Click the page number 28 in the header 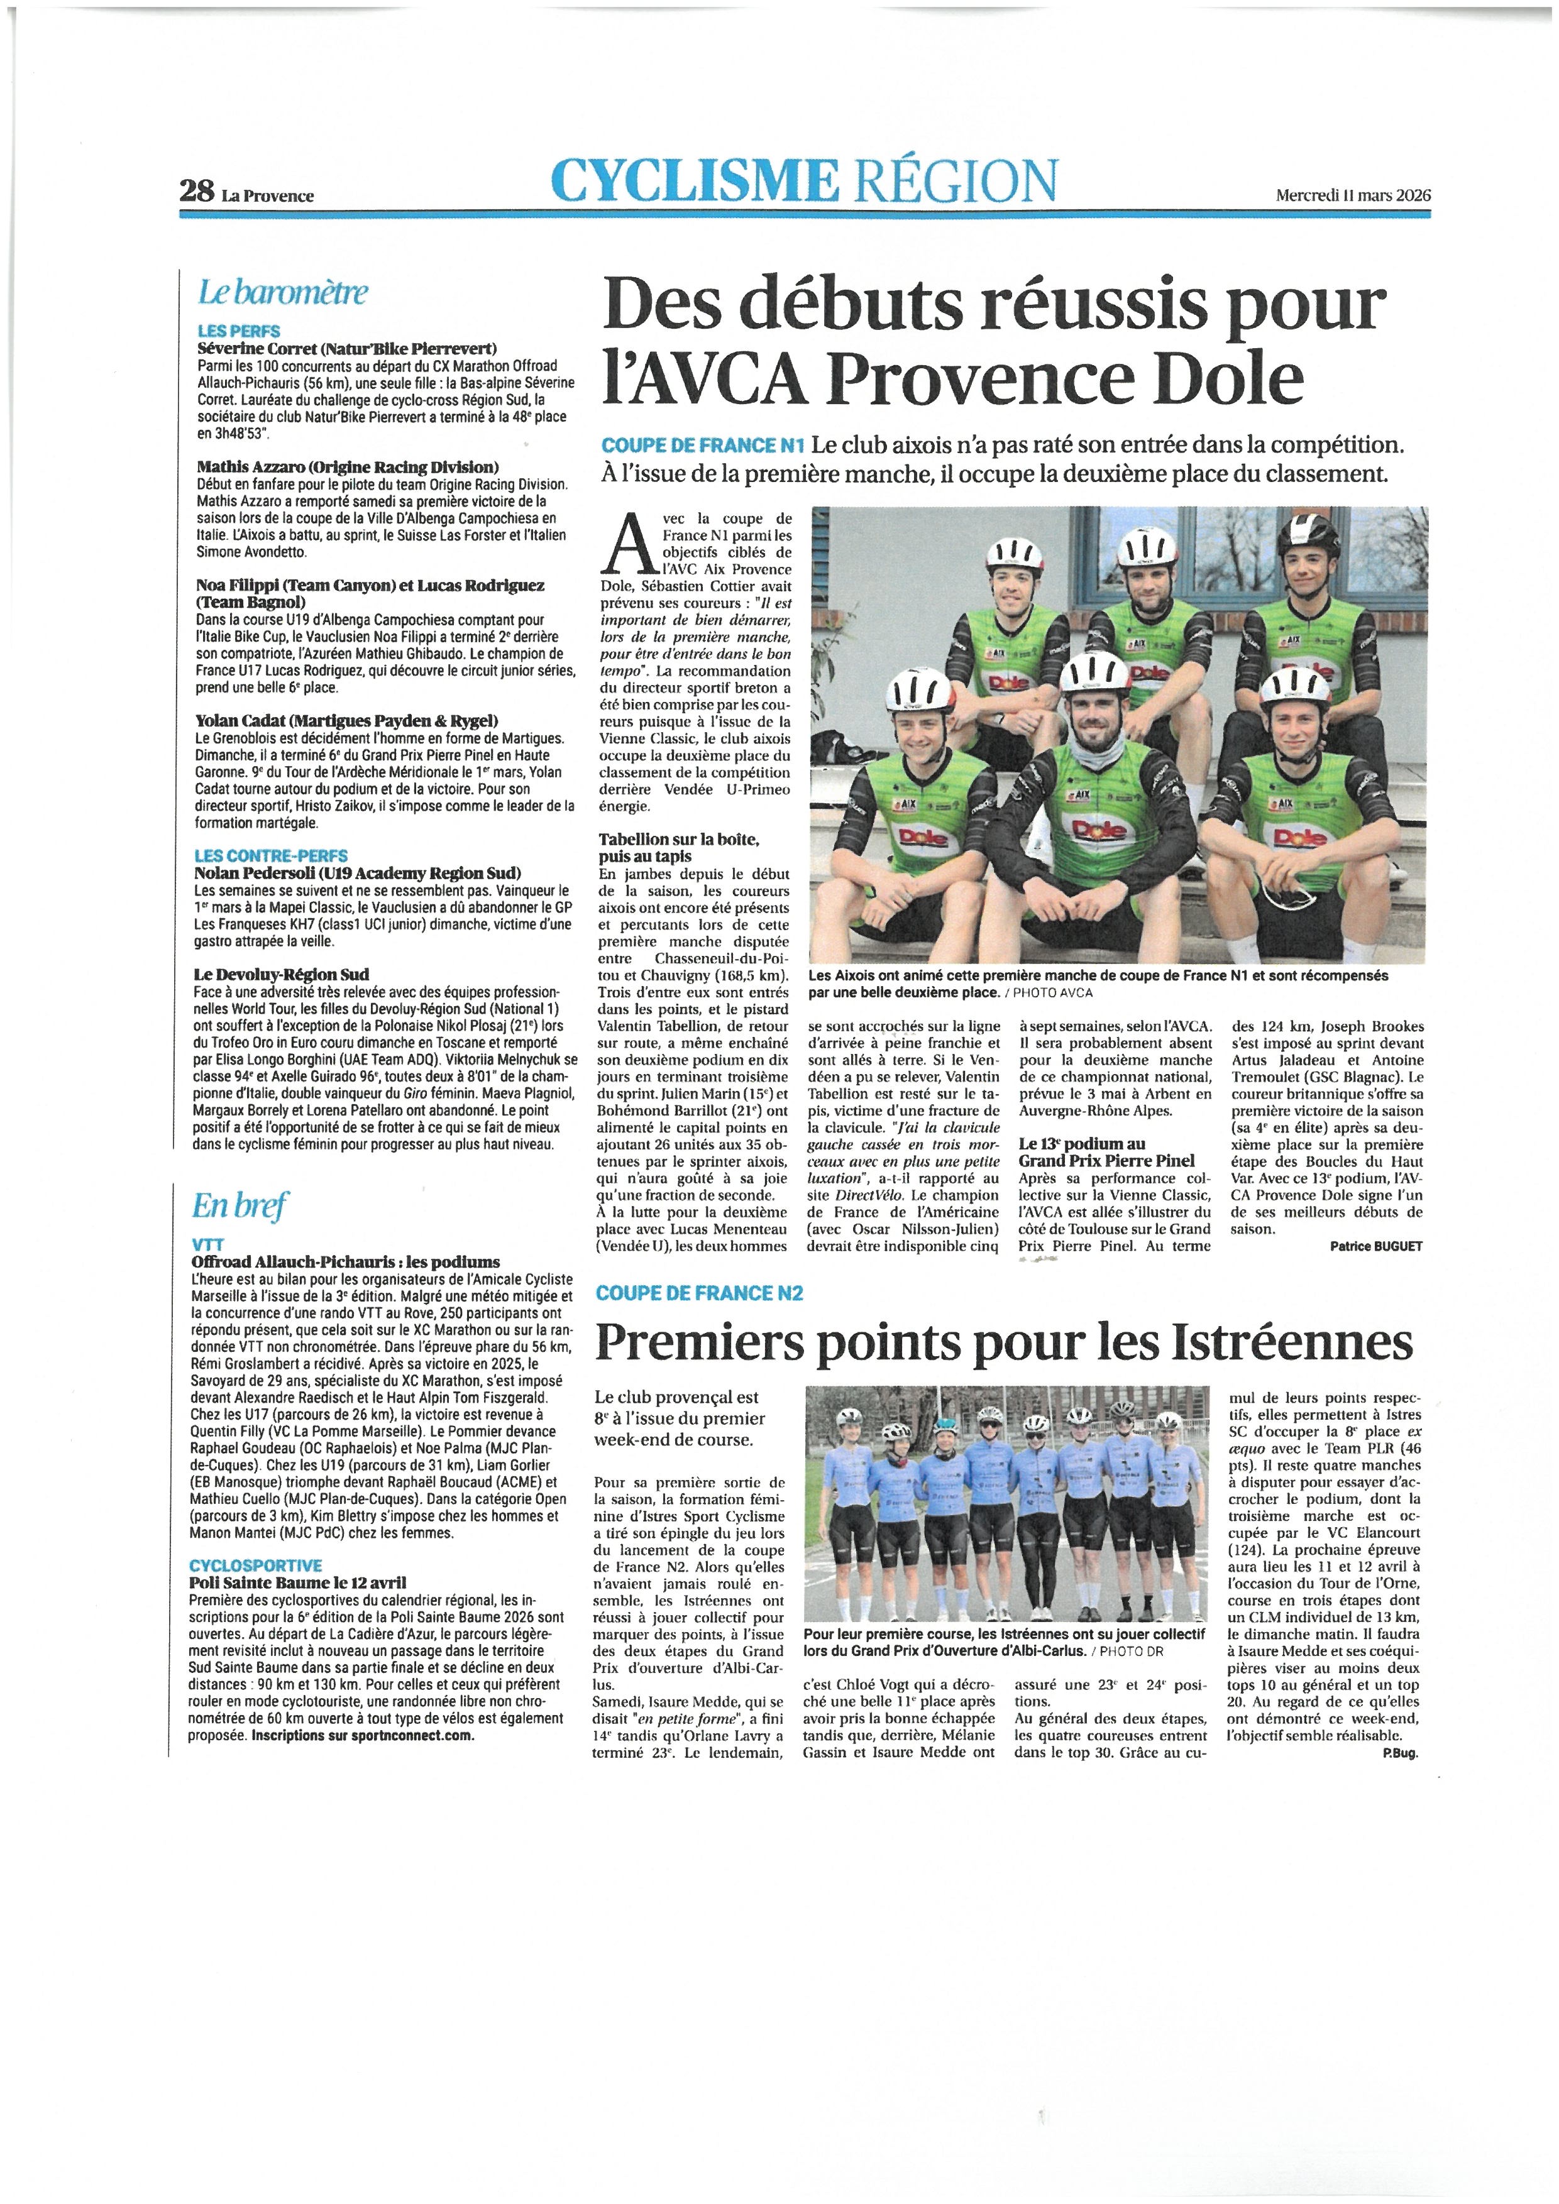click(x=197, y=191)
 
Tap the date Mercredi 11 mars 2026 click(x=1353, y=194)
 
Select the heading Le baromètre click(x=282, y=292)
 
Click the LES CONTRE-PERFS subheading click(x=271, y=855)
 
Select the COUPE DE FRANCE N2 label click(x=699, y=1293)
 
